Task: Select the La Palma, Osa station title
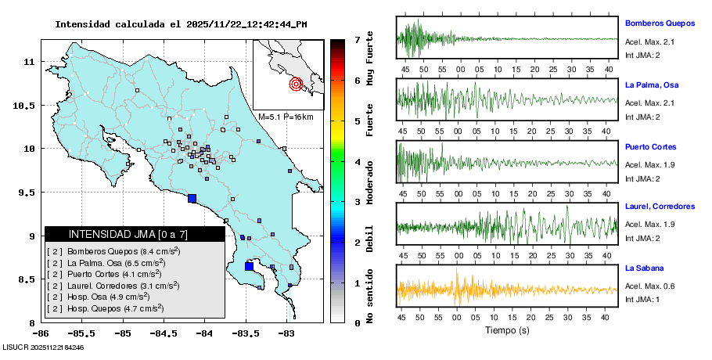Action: [x=651, y=85]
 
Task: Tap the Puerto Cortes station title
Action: [x=650, y=146]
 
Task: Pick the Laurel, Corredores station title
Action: [x=660, y=207]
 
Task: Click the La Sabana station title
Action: [x=644, y=268]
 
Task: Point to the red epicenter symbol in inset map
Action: [x=296, y=84]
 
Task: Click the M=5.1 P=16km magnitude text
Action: [x=286, y=117]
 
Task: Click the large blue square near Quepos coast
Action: [x=192, y=198]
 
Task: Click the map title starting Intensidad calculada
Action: [x=181, y=24]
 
